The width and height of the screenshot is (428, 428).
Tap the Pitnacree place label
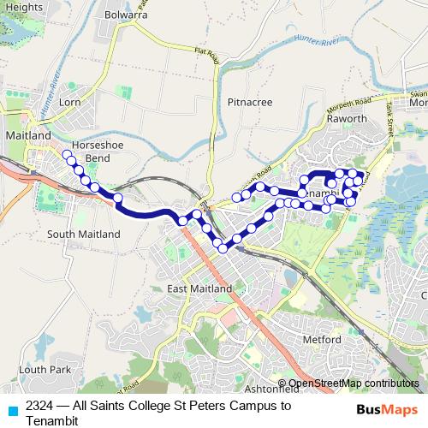(x=249, y=102)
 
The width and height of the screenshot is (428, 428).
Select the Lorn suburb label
(x=69, y=102)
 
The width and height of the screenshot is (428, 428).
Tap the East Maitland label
(x=199, y=288)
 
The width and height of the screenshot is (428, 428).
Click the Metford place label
(x=323, y=339)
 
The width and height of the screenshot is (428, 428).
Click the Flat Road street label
(x=207, y=56)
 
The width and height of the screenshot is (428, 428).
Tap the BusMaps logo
(x=388, y=409)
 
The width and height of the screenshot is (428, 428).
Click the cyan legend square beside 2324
(x=12, y=410)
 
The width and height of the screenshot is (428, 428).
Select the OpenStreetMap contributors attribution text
(x=353, y=383)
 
